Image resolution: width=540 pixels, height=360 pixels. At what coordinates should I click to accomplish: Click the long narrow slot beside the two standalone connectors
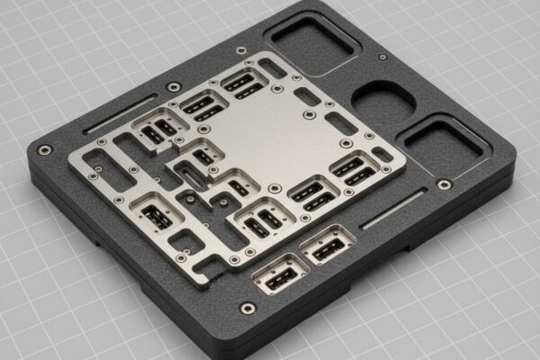(393, 208)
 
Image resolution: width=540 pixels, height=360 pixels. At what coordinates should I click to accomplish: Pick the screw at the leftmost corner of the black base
(44, 149)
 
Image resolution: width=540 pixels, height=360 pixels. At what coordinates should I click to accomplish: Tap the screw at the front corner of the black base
(247, 309)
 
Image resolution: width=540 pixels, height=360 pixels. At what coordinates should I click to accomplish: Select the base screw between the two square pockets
(382, 58)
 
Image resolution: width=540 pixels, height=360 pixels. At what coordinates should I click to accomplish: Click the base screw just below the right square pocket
(444, 184)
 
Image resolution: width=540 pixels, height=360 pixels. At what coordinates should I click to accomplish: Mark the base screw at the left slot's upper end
(174, 87)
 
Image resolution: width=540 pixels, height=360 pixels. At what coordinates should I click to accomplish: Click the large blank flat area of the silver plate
(279, 135)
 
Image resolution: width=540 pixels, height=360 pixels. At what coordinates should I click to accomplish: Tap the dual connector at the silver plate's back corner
(242, 84)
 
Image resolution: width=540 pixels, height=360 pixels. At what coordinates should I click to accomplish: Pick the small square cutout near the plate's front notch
(185, 241)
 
